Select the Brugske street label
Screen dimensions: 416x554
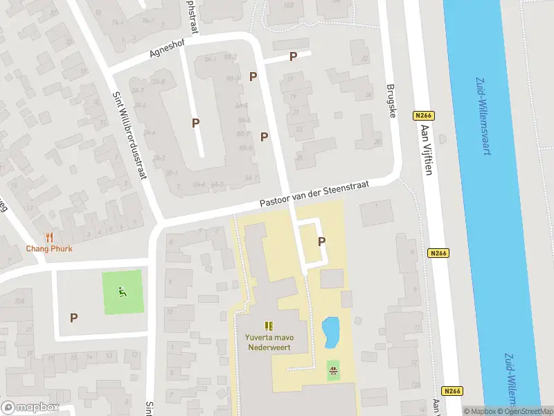pos(392,101)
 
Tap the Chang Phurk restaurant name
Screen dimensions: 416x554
pos(49,249)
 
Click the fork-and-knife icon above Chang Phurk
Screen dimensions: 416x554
pos(49,237)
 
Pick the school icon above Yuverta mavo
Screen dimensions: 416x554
pos(269,325)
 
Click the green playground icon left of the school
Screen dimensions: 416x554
pos(123,292)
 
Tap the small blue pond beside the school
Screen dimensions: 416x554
pos(331,331)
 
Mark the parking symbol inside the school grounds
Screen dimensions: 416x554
pos(321,241)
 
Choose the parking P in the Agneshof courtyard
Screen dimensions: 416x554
pos(196,123)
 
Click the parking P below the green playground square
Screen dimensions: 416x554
pos(73,318)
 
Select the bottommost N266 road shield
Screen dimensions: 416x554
pos(452,391)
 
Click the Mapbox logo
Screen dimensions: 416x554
pos(30,408)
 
